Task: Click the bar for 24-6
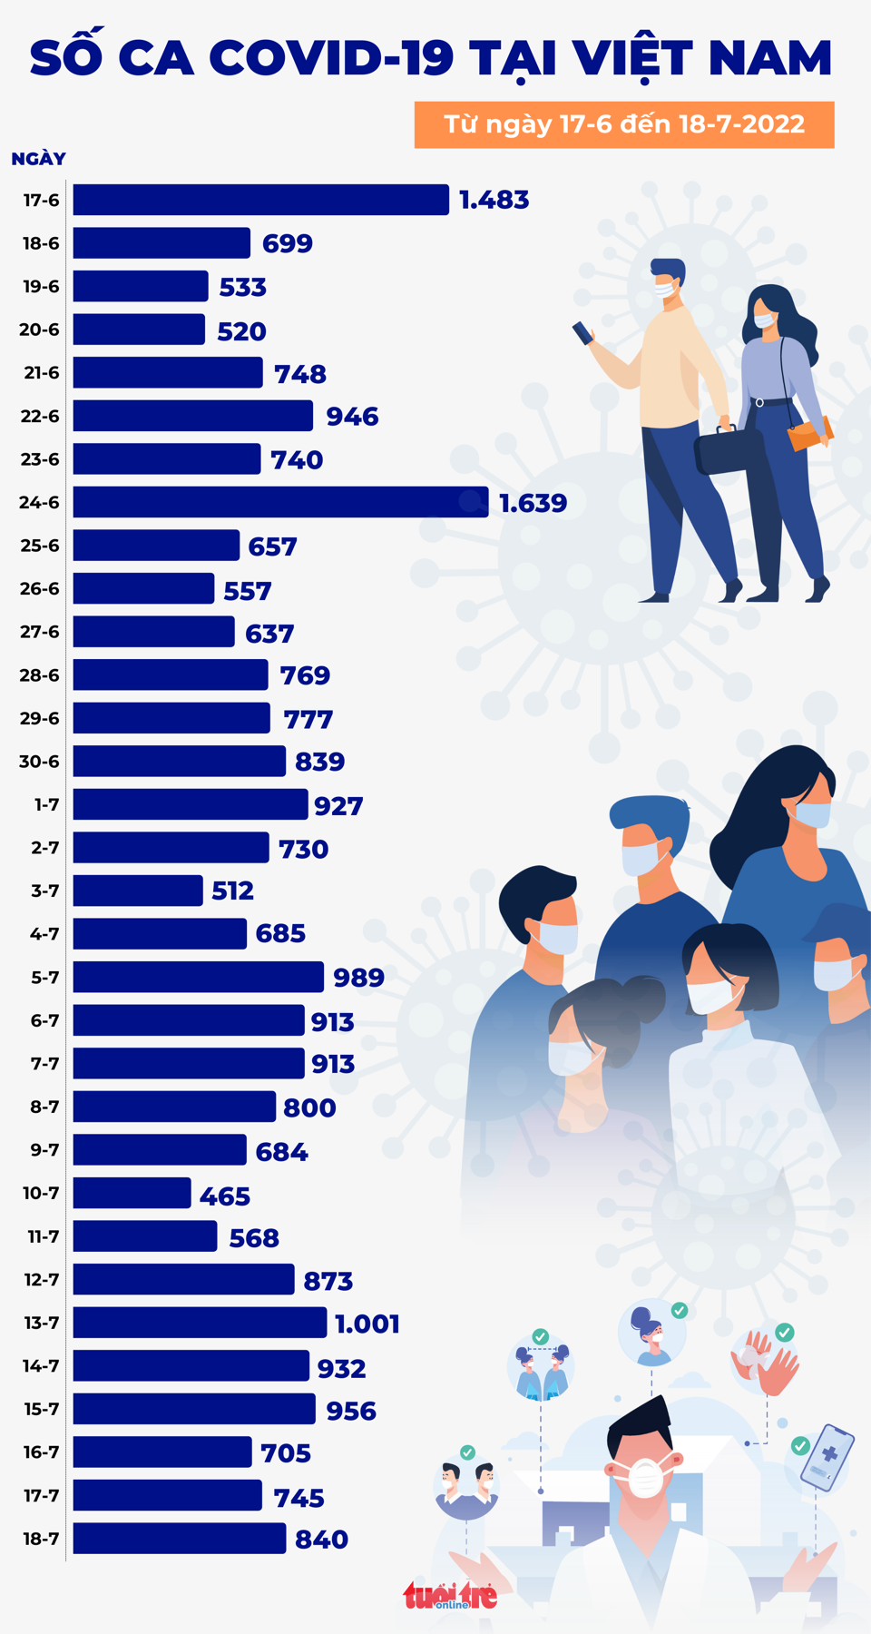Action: click(280, 502)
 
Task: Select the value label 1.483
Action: click(494, 200)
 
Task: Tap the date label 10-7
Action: click(41, 1193)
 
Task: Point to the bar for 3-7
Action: click(138, 891)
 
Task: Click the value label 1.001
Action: click(367, 1324)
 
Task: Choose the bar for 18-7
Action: click(180, 1539)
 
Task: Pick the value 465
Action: click(225, 1196)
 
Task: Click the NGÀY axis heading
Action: click(38, 159)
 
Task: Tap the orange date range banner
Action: click(624, 124)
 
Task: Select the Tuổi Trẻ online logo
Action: click(450, 1595)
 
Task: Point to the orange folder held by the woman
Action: click(810, 433)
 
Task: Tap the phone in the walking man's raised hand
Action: click(582, 333)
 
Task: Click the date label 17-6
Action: click(41, 200)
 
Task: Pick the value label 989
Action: click(359, 978)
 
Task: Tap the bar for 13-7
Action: click(200, 1323)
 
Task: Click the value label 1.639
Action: click(533, 503)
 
